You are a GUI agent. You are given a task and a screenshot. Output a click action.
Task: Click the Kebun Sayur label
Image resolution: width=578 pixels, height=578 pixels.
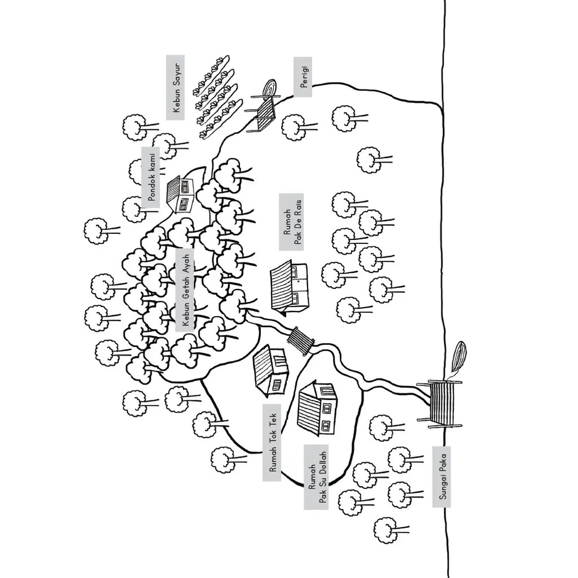pos(176,87)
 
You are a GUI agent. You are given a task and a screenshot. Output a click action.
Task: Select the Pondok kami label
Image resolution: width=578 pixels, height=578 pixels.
pos(151,177)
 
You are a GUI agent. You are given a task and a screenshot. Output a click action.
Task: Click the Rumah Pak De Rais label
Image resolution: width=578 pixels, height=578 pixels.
pos(291,222)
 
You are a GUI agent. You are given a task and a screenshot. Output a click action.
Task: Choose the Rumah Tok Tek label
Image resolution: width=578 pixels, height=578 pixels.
pos(272,442)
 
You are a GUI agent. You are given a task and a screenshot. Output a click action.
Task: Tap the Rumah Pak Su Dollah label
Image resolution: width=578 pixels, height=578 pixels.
pos(316,476)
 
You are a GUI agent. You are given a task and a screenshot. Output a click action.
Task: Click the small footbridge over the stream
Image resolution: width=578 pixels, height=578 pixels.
pos(300,340)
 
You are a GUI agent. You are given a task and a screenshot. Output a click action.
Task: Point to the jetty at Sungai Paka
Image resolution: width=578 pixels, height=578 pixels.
pos(440,402)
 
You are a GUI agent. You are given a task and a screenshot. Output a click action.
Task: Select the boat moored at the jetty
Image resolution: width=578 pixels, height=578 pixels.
pos(459,358)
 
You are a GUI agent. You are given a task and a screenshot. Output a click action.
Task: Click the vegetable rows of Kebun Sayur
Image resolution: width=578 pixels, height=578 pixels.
pos(217,96)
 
